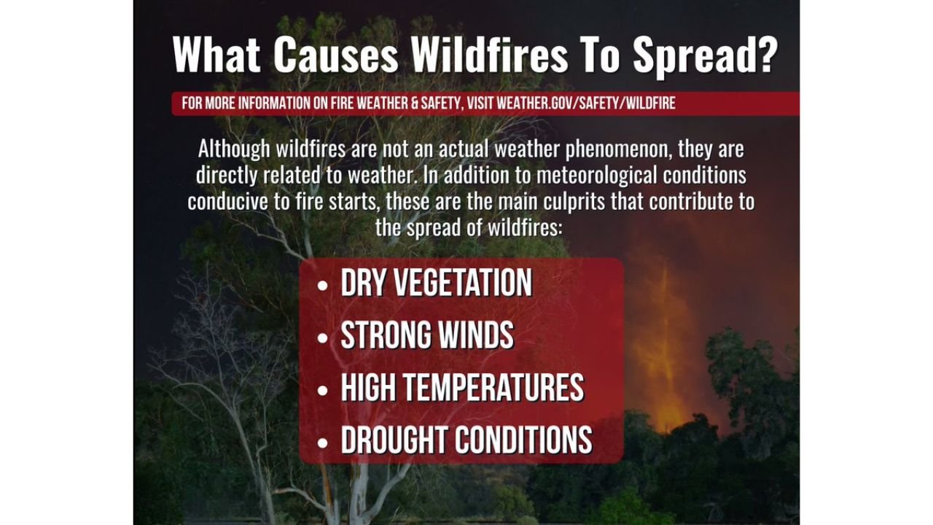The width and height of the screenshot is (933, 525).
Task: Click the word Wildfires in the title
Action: [489, 55]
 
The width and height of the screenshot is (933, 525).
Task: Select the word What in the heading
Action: [217, 55]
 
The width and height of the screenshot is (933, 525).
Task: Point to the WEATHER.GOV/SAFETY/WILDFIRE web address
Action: [586, 104]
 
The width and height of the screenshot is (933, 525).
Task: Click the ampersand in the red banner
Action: [414, 104]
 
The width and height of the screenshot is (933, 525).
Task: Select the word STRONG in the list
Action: [380, 335]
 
